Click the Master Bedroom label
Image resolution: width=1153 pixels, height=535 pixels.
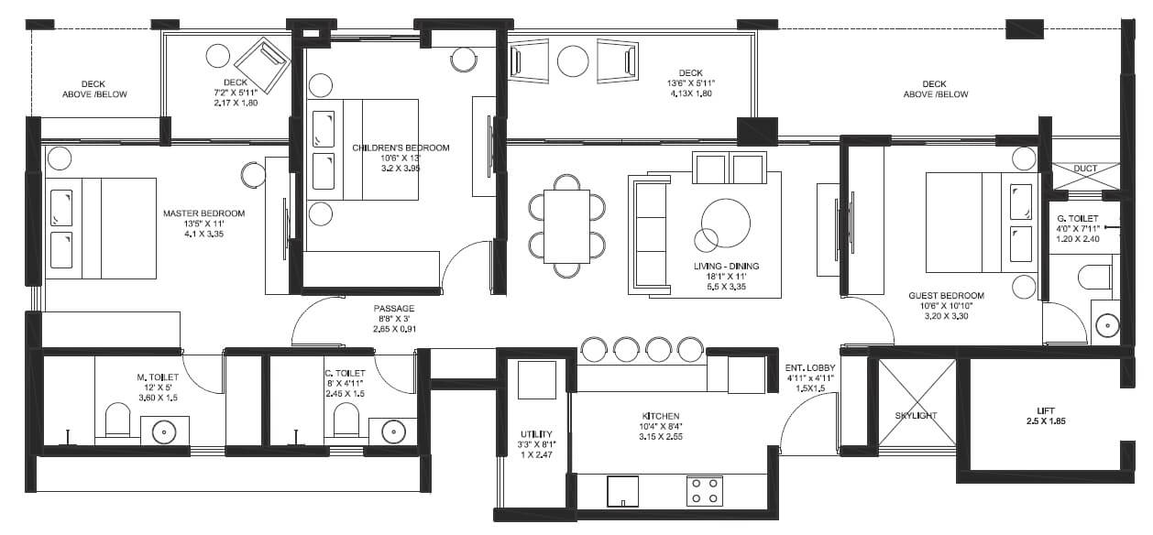click(203, 213)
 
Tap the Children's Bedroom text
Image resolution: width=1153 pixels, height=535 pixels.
click(401, 147)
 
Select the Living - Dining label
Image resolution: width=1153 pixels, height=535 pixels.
click(726, 267)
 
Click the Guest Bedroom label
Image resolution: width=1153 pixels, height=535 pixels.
click(946, 296)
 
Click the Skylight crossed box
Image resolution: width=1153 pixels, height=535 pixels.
click(916, 403)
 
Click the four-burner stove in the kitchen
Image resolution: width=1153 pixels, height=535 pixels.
click(704, 491)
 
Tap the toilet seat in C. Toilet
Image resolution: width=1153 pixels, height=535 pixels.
click(346, 420)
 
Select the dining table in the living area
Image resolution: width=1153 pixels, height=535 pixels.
click(566, 226)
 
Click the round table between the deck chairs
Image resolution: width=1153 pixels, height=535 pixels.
click(574, 61)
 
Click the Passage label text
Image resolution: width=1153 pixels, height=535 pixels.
click(393, 309)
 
